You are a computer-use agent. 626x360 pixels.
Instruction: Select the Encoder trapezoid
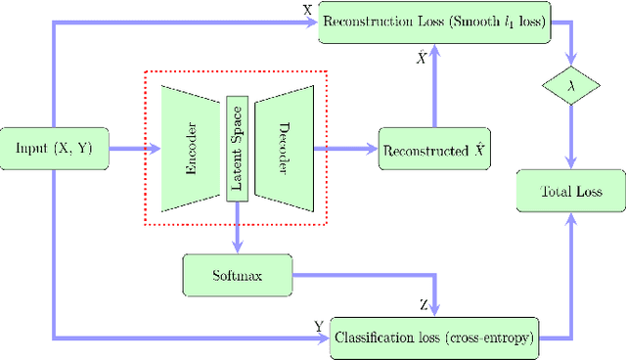(191, 149)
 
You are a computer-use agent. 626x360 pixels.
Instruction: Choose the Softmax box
(237, 276)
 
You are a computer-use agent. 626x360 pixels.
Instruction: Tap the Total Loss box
(569, 191)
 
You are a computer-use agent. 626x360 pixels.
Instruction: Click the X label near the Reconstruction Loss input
(309, 9)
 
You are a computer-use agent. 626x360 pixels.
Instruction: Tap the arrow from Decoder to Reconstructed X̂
(347, 149)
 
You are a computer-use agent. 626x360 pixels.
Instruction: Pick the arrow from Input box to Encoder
(132, 149)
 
